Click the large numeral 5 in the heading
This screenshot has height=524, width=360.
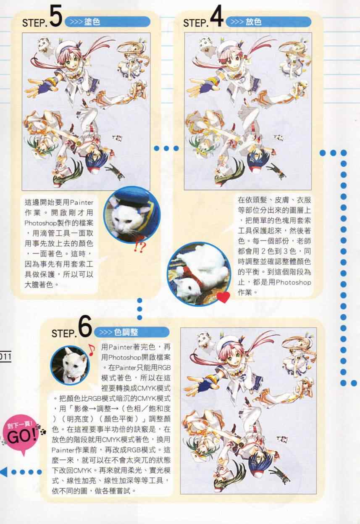click(56, 16)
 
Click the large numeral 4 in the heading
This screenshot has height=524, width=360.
click(217, 17)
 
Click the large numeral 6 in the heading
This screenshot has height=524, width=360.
click(85, 326)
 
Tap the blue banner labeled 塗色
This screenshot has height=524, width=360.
click(108, 22)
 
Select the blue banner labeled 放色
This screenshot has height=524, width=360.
click(268, 22)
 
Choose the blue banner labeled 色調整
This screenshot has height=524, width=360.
click(132, 332)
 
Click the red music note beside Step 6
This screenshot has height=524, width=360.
click(91, 350)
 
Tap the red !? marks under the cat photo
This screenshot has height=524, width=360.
click(140, 247)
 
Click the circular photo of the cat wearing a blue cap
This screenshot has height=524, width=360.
click(132, 214)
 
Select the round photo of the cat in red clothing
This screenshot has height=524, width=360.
click(199, 274)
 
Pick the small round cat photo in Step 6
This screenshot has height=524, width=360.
click(70, 365)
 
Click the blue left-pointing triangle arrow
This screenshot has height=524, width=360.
click(4, 471)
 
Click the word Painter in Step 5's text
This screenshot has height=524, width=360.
click(81, 203)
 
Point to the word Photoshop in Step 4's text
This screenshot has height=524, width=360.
click(293, 282)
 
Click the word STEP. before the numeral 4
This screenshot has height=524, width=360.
click(196, 23)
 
